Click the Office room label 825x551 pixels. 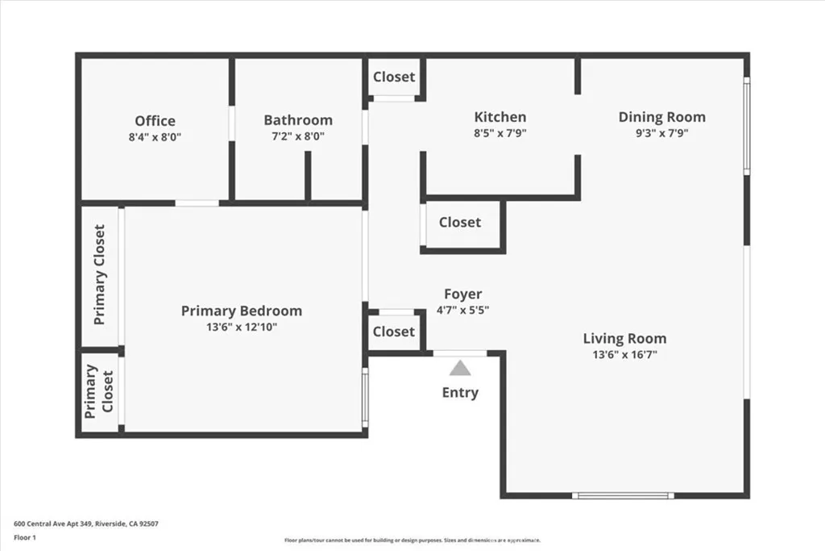pyautogui.click(x=155, y=121)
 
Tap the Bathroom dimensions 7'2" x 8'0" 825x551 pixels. pyautogui.click(x=298, y=137)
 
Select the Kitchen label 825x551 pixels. pyautogui.click(x=500, y=117)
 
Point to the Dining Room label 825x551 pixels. pyautogui.click(x=661, y=117)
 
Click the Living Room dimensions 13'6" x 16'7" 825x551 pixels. pyautogui.click(x=624, y=355)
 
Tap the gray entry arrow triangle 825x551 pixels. pyautogui.click(x=459, y=369)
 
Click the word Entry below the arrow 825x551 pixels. pyautogui.click(x=460, y=393)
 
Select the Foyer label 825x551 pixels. pyautogui.click(x=463, y=294)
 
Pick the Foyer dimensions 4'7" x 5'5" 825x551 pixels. pyautogui.click(x=463, y=310)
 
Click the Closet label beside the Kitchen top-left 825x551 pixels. pyautogui.click(x=394, y=77)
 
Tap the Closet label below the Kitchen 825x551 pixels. pyautogui.click(x=460, y=223)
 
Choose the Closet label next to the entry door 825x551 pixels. pyautogui.click(x=394, y=332)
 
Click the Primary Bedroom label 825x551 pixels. pyautogui.click(x=242, y=311)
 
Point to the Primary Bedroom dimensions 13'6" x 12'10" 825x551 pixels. pyautogui.click(x=242, y=327)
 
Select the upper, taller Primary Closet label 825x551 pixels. pyautogui.click(x=100, y=275)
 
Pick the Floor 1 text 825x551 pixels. pyautogui.click(x=25, y=537)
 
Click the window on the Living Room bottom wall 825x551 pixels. pyautogui.click(x=622, y=495)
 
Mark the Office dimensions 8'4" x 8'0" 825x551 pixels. pyautogui.click(x=155, y=137)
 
